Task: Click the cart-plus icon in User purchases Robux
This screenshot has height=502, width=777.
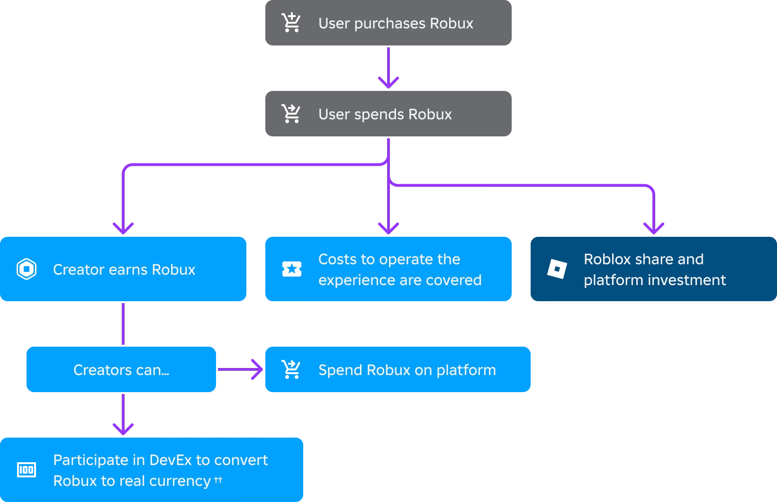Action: click(x=291, y=23)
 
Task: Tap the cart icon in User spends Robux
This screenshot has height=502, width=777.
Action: click(x=291, y=114)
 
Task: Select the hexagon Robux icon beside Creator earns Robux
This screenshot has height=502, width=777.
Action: click(x=27, y=269)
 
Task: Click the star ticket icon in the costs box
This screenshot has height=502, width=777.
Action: click(x=292, y=269)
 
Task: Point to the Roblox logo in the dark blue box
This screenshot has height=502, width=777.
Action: click(x=557, y=269)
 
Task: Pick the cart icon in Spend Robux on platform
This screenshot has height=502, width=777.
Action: click(x=291, y=369)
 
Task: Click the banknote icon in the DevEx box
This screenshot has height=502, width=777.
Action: click(x=27, y=470)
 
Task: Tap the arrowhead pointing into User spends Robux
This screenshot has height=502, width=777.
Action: click(x=388, y=82)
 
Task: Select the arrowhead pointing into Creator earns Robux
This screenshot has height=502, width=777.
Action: click(x=123, y=228)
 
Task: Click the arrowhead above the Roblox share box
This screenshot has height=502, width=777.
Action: click(x=654, y=228)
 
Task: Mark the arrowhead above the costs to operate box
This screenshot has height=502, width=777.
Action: click(x=388, y=228)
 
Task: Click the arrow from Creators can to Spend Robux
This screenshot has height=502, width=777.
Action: click(x=240, y=369)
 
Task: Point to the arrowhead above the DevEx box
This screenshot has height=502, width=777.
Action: click(x=123, y=429)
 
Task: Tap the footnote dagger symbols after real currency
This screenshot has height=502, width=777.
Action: click(x=218, y=480)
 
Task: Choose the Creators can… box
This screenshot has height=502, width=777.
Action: click(x=121, y=369)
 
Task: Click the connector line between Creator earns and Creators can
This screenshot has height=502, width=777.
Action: click(x=123, y=324)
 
